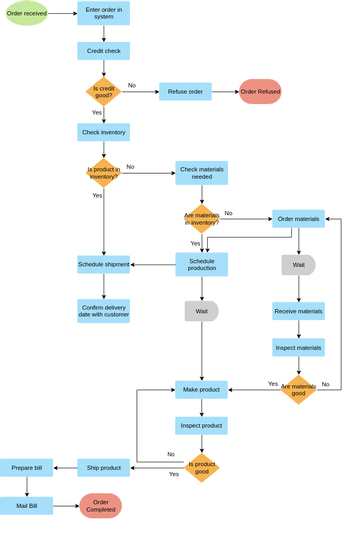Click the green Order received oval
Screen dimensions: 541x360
27,13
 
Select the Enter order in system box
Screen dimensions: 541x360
103,13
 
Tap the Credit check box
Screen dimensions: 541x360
103,51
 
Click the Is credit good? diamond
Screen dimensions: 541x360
103,91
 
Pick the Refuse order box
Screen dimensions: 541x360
185,91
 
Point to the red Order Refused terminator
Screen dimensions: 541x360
260,91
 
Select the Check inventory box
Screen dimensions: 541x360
103,132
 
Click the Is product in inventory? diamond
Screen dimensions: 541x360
103,173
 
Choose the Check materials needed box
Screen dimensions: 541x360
201,173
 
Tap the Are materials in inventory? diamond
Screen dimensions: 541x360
201,218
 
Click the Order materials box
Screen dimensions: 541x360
298,218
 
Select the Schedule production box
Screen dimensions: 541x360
201,264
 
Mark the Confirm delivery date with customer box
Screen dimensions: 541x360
103,311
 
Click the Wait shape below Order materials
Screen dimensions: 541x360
298,265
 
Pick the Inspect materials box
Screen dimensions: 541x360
298,347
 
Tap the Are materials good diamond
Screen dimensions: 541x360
298,389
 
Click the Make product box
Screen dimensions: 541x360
201,389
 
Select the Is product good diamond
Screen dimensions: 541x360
201,467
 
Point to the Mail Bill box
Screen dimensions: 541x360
26,506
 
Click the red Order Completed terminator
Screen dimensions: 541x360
100,506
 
